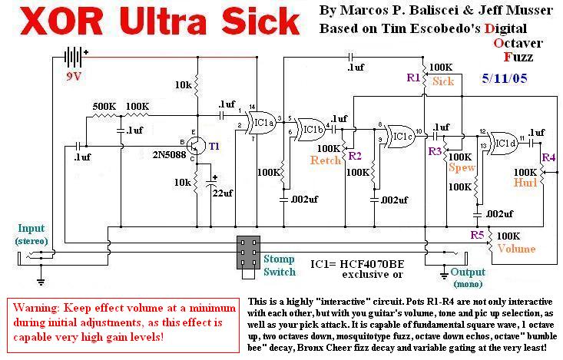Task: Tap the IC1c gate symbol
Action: pos(399,135)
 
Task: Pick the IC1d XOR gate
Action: pos(503,141)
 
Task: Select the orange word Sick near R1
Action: pos(443,81)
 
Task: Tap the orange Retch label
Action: pos(326,160)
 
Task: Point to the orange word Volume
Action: pos(516,248)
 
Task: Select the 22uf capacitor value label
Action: pos(222,193)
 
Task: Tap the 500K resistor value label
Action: pos(104,105)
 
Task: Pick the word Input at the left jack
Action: pos(31,228)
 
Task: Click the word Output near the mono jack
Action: pos(469,272)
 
